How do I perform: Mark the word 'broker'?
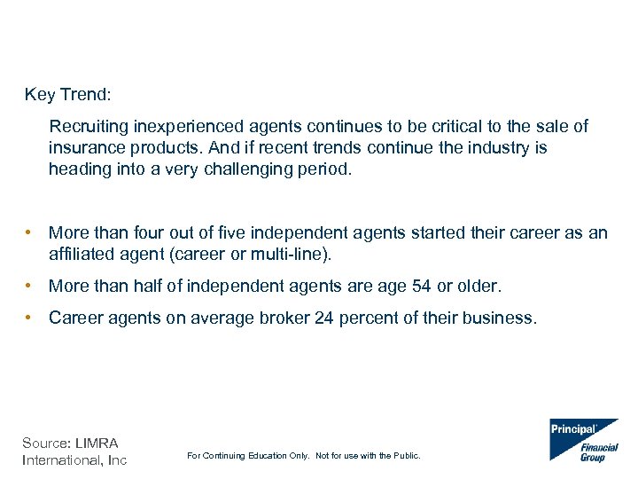(x=284, y=318)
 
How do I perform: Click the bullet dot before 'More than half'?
(x=30, y=287)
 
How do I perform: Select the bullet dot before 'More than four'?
(x=30, y=232)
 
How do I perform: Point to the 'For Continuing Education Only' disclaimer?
(x=304, y=456)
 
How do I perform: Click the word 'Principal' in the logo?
(x=574, y=429)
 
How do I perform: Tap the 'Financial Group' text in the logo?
(x=599, y=452)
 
